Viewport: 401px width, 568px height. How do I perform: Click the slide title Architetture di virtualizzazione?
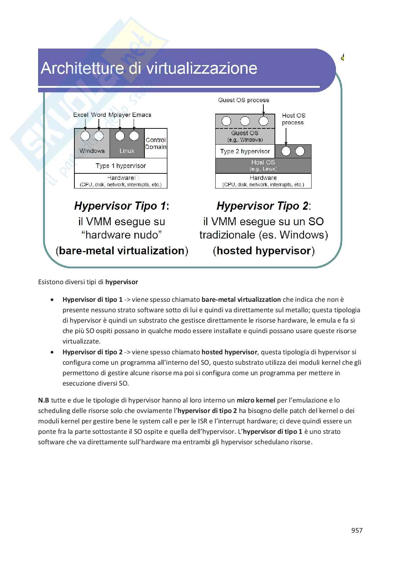149,68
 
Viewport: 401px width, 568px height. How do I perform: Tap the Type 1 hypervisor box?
121,166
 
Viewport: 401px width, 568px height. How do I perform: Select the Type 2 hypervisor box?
245,151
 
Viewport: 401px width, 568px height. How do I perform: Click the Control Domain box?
156,143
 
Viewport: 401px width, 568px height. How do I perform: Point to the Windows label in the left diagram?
92,151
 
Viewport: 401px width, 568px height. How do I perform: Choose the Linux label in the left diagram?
127,151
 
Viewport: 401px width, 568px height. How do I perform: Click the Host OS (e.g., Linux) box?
263,165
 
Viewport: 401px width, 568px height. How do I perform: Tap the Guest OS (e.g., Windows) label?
245,136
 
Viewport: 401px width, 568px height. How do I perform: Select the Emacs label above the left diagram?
142,115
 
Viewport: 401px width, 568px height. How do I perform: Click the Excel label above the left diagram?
81,115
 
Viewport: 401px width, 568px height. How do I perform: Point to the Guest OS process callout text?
243,100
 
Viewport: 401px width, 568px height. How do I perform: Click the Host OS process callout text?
293,119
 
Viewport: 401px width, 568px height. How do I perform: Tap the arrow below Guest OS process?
263,109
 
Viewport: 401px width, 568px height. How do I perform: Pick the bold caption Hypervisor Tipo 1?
121,206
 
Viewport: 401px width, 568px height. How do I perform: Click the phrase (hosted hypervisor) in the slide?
263,251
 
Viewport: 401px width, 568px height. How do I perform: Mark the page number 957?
356,530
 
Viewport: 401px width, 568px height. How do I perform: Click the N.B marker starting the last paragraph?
43,400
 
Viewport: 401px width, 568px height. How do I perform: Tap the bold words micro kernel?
256,400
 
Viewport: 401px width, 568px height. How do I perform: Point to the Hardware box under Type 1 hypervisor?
121,181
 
